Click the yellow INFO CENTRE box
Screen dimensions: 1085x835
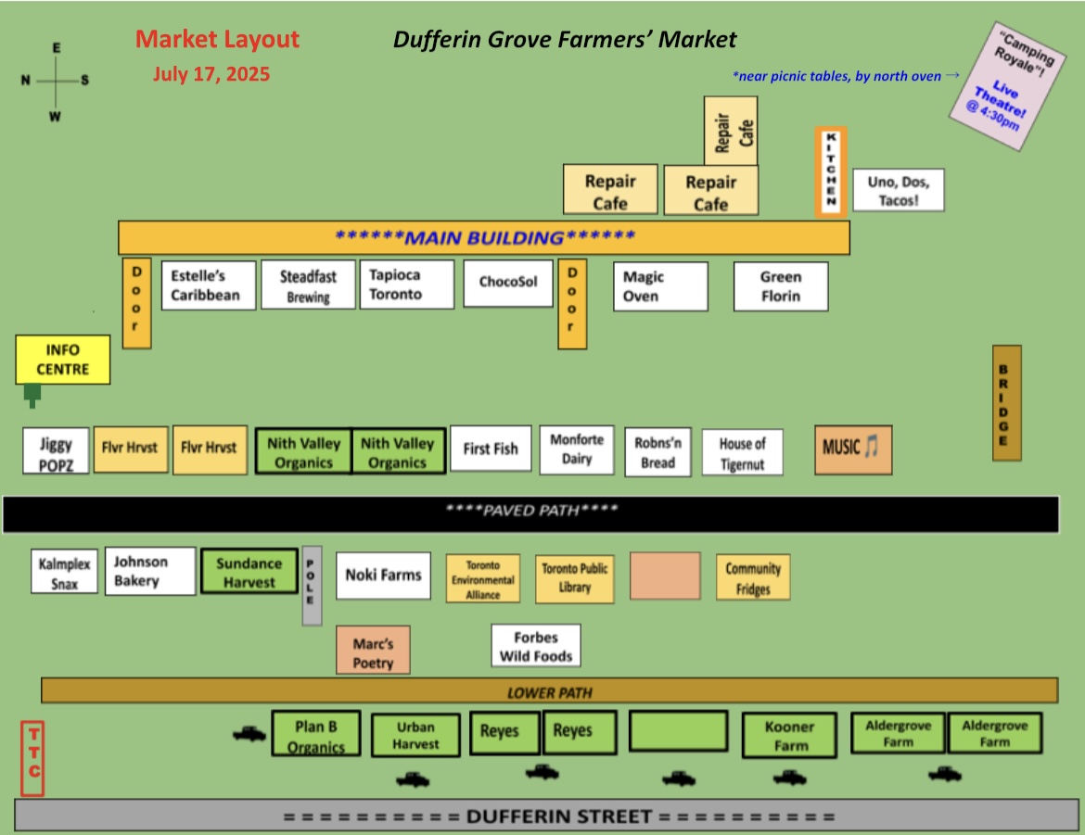pos(63,360)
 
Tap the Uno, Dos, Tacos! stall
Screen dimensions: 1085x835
pos(899,190)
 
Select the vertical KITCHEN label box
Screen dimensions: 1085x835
pos(831,171)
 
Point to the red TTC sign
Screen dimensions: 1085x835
pos(32,758)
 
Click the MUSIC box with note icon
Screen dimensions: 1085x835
pos(853,449)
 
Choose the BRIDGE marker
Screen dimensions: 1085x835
pos(1007,403)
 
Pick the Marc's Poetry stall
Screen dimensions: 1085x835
pos(373,651)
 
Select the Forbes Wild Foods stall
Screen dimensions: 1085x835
pos(536,646)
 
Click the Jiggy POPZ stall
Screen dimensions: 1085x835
pos(56,451)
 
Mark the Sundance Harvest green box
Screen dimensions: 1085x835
pos(249,572)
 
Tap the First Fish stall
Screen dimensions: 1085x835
pos(491,449)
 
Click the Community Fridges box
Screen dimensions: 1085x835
pos(753,577)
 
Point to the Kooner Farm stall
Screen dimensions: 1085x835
pos(789,736)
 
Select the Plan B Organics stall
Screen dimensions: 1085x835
pos(316,734)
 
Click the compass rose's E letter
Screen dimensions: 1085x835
pos(56,48)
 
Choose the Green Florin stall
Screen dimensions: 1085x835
pos(781,286)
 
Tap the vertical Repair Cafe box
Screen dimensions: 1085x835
pos(731,131)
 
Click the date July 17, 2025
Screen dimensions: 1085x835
pos(211,74)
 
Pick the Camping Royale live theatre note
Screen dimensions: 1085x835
pos(1007,86)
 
